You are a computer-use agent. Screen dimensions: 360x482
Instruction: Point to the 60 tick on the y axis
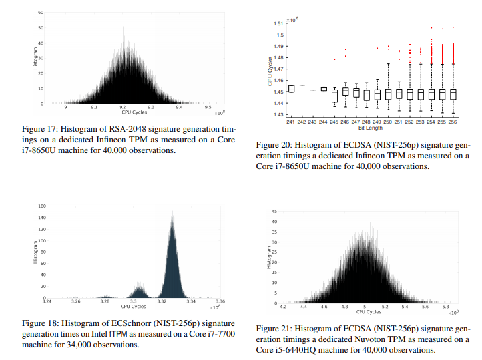coord(41,13)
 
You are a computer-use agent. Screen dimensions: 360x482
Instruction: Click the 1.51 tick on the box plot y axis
coord(279,23)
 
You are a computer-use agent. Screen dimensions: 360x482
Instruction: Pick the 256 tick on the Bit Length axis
coord(453,122)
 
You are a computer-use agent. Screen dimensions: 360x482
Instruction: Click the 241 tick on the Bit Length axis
coord(290,122)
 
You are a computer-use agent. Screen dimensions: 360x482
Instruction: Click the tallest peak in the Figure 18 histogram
coord(172,216)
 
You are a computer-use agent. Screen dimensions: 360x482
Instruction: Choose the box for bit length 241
coord(290,89)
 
